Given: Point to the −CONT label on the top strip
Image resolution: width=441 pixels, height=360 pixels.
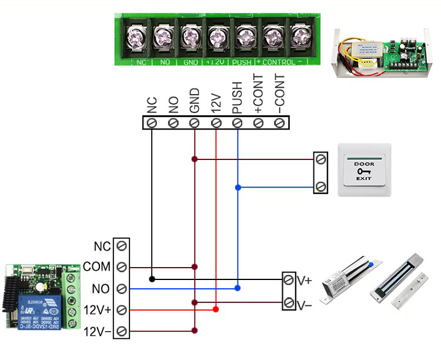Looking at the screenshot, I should [280, 94].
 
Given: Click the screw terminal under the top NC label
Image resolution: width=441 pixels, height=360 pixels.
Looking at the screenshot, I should [152, 123].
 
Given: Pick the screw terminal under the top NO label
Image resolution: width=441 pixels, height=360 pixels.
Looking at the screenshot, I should [173, 123].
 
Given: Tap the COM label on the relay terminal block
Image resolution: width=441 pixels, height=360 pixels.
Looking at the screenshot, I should [97, 267].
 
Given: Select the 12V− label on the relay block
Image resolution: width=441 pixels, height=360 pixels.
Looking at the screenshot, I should [97, 331].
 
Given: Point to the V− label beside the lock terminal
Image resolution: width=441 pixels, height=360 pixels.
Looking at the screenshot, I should [305, 304].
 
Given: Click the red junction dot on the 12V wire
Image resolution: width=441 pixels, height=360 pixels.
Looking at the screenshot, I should [216, 309].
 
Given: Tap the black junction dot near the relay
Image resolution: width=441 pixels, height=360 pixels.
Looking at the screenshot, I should [152, 279].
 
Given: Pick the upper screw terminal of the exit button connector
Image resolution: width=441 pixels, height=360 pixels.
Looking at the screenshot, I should [320, 159].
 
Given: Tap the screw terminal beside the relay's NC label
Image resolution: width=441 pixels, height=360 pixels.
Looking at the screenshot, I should [122, 245].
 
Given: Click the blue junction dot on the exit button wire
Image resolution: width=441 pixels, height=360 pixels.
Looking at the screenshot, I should [238, 188].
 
